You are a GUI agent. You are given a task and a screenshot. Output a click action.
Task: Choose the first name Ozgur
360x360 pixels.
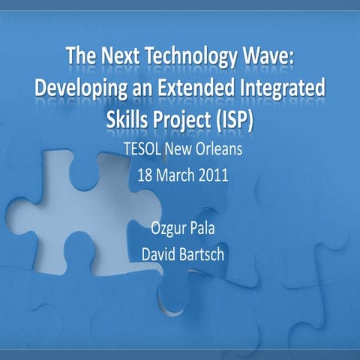(x=166, y=227)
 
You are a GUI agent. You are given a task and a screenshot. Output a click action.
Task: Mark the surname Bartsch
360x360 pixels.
(x=201, y=255)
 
